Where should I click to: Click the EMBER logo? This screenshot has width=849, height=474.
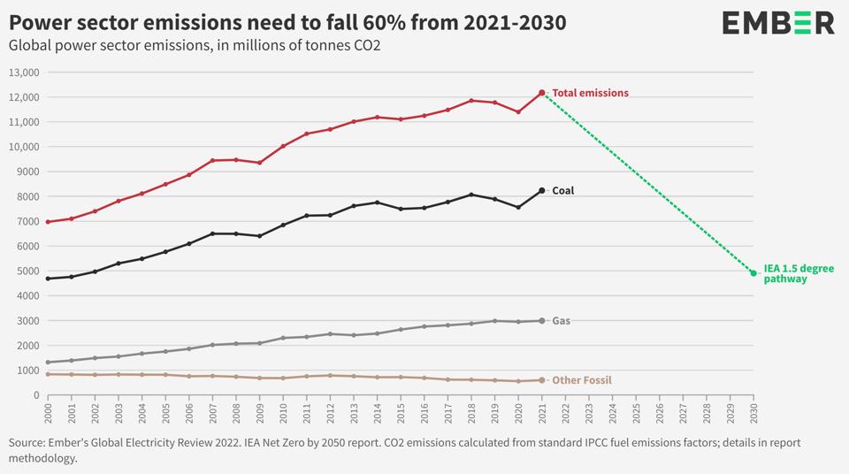[777, 23]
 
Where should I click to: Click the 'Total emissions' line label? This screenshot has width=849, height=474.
[591, 93]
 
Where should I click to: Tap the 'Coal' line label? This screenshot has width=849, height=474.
[562, 191]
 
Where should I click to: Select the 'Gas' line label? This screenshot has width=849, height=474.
[561, 321]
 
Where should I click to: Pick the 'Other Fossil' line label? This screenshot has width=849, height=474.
[581, 380]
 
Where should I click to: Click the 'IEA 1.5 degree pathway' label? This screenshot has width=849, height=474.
[799, 273]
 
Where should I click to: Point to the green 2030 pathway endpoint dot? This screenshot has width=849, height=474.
[753, 273]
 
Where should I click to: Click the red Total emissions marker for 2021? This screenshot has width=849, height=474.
[542, 93]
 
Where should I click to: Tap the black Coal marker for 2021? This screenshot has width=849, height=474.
[542, 191]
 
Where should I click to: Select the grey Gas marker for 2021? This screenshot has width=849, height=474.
[542, 321]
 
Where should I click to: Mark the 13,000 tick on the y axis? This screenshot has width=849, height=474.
[24, 73]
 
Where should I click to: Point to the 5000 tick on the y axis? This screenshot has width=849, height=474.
[27, 271]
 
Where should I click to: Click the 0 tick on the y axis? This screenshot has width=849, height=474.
[36, 395]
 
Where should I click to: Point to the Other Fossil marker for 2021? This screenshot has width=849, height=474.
[542, 380]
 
